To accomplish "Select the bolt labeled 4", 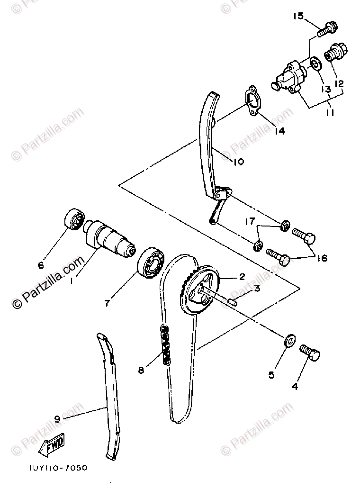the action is tap(310, 353).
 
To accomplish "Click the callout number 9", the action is tap(57, 419).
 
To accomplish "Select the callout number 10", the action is tap(238, 162).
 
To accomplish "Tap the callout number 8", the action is tap(141, 371).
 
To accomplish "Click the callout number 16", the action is tap(322, 258).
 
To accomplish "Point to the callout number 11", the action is tap(329, 113).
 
